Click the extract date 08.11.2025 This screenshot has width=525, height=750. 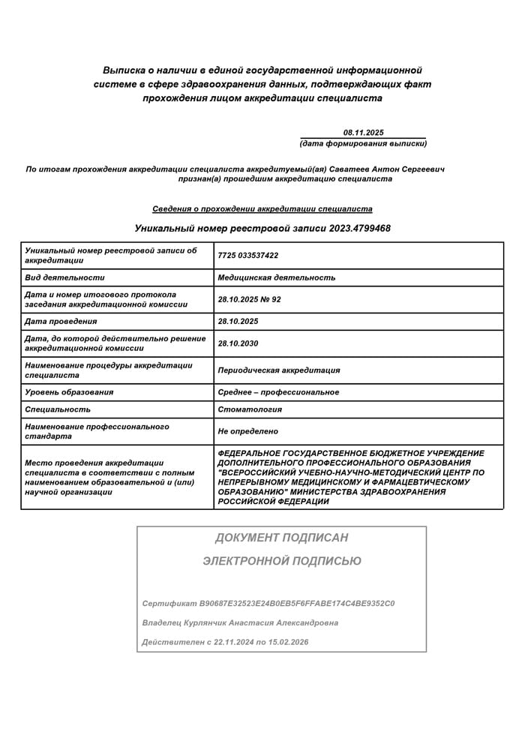pyautogui.click(x=363, y=131)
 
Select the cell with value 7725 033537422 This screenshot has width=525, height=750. pyautogui.click(x=247, y=256)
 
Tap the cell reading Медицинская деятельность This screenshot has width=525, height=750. pyautogui.click(x=276, y=277)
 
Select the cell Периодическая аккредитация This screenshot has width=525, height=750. pyautogui.click(x=278, y=370)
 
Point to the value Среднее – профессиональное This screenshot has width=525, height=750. pyautogui.click(x=277, y=392)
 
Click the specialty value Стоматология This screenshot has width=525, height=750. pyautogui.click(x=249, y=409)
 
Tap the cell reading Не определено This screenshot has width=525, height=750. pyautogui.click(x=247, y=431)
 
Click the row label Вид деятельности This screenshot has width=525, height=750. pyautogui.click(x=64, y=277)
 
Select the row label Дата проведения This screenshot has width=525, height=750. pyautogui.click(x=61, y=321)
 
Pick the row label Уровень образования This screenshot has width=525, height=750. pyautogui.click(x=69, y=392)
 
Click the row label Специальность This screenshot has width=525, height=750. pyautogui.click(x=58, y=409)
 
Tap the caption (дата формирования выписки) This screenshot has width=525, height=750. pyautogui.click(x=363, y=143)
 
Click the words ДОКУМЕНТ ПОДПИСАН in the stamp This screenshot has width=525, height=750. pyautogui.click(x=281, y=538)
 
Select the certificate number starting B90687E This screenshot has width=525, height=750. pyautogui.click(x=297, y=603)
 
